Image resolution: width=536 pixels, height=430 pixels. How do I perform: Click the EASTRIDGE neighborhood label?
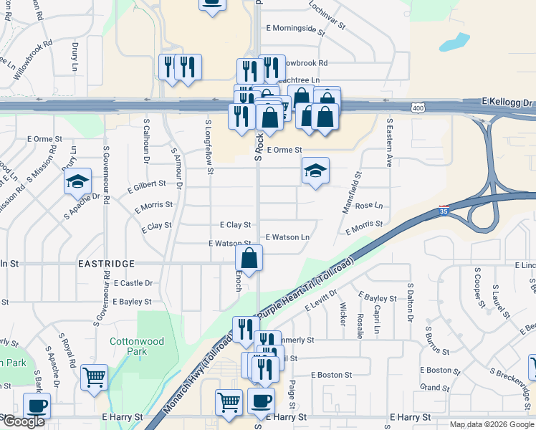pos(106,264)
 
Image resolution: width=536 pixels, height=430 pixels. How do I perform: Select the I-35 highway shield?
pos(444,211)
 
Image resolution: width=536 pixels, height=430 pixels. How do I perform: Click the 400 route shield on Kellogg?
pos(416,107)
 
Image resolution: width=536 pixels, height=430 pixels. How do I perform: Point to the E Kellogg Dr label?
pos(509,103)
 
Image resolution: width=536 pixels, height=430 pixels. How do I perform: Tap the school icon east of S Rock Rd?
pos(315,171)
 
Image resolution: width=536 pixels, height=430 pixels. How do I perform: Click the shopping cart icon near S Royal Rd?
pos(95,376)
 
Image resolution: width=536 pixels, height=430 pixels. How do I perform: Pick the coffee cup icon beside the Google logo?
pos(37,405)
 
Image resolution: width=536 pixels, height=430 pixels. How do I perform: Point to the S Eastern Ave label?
pos(390,143)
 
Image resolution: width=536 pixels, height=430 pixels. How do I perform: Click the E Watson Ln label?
pos(287,237)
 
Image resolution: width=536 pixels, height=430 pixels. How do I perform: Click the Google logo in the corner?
pos(24,422)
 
